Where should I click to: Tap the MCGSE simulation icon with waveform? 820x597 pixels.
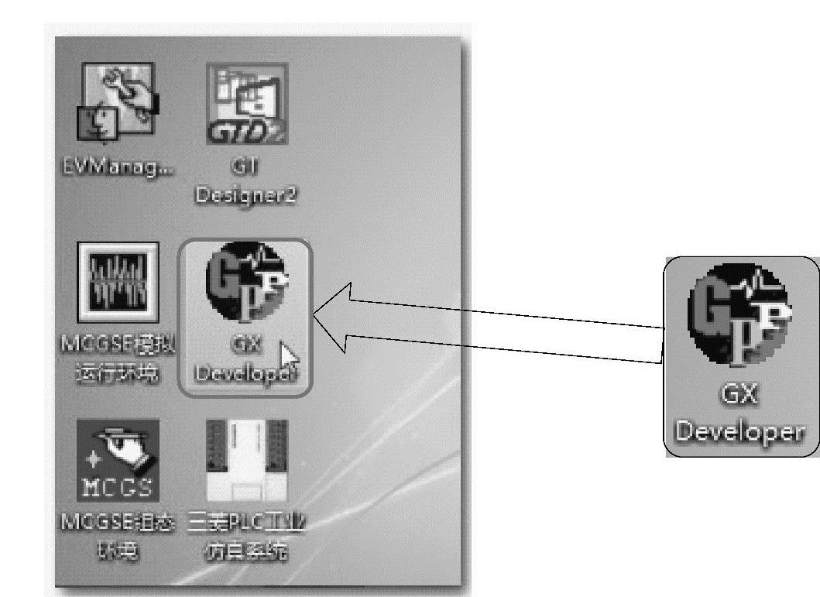point(118,281)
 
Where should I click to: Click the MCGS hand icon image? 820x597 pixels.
point(118,461)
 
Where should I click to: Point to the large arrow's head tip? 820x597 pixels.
point(314,314)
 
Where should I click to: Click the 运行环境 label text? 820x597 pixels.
point(118,373)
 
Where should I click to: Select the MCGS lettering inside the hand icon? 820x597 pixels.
point(118,488)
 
